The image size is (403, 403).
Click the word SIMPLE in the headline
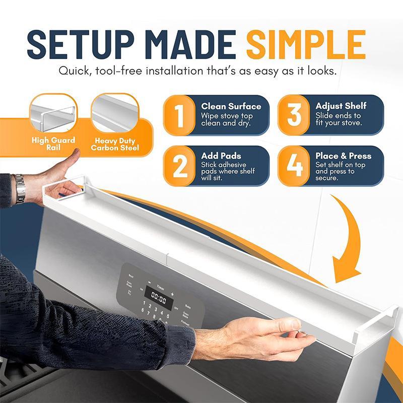[x=306, y=44]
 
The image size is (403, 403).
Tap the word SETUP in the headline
[x=73, y=44]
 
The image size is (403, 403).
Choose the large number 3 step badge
[x=294, y=115]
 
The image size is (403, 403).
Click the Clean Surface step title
[x=231, y=106]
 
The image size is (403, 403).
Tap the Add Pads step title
[x=221, y=156]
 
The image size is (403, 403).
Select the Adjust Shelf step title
[x=341, y=106]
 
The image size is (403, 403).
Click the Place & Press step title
[x=343, y=156]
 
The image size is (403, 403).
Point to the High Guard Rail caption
[x=53, y=144]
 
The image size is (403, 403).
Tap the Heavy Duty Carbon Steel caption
[x=115, y=144]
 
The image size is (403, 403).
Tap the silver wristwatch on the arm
[x=20, y=187]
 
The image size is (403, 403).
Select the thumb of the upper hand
[x=71, y=158]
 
